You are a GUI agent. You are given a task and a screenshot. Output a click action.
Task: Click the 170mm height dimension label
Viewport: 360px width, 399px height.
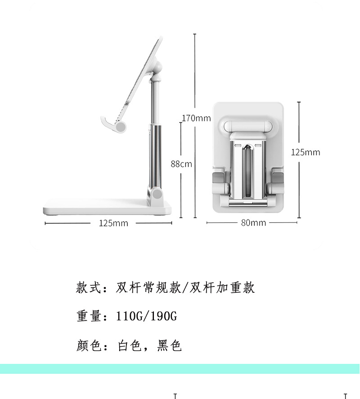pos(196,118)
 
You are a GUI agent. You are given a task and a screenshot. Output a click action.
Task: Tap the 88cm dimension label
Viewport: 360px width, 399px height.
pos(181,164)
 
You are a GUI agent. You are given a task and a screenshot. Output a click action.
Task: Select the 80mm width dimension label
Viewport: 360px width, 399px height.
pos(253,222)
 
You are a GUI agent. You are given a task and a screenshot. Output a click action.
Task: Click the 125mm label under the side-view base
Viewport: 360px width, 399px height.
pos(113,223)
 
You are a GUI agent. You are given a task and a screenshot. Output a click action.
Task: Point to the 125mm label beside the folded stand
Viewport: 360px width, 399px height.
pos(306,152)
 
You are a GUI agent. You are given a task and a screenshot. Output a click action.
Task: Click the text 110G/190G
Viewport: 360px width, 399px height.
pos(146,317)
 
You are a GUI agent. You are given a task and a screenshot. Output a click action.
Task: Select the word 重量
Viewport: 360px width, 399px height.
pos(88,317)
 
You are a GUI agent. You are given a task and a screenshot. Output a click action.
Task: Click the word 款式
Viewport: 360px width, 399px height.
pos(88,288)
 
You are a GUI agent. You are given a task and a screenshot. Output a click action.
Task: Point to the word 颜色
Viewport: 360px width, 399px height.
pos(88,346)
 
